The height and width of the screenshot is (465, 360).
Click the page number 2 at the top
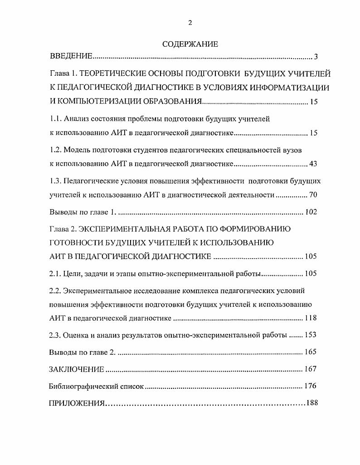click(x=190, y=23)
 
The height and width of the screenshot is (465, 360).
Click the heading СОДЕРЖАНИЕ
click(x=190, y=44)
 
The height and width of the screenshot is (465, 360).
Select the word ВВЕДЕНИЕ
click(x=71, y=57)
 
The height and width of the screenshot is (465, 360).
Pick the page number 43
click(x=313, y=163)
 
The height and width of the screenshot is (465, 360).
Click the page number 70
click(x=313, y=195)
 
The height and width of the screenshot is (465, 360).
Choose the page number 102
click(x=311, y=212)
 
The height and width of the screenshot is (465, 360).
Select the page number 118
click(x=311, y=318)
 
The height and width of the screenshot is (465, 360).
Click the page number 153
click(x=311, y=335)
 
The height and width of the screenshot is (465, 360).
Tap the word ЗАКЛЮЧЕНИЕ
click(x=77, y=369)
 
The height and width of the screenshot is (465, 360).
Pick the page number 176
click(x=311, y=387)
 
